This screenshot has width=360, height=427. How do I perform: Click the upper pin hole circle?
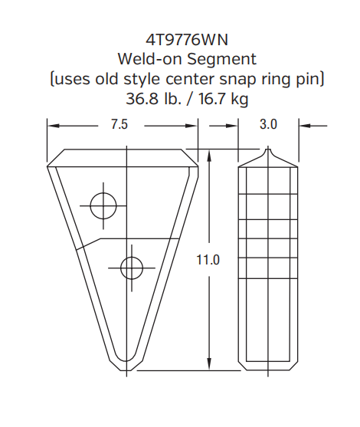pyautogui.click(x=103, y=205)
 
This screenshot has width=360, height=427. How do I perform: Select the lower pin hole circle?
pyautogui.click(x=132, y=268)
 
